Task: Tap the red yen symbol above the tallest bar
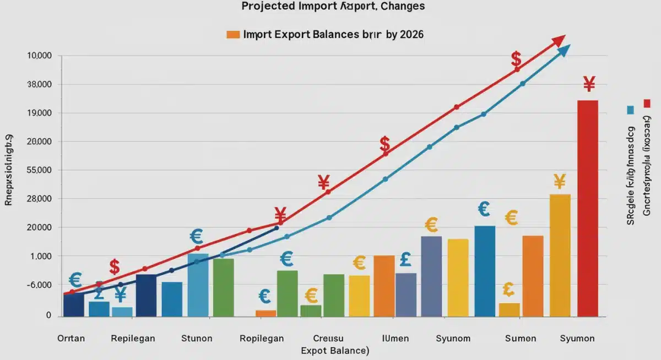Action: coord(589,84)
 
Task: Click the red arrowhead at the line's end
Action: coord(559,40)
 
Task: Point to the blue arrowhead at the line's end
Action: coord(564,51)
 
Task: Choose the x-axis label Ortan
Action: coord(71,339)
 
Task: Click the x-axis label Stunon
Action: coord(197,339)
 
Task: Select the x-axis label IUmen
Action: coord(395,339)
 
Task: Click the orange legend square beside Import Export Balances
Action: coord(233,34)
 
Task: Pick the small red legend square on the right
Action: coord(647,103)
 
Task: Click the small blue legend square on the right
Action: coord(630,110)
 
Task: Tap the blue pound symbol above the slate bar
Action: coord(407,259)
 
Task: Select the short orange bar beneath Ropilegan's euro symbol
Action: coord(266,313)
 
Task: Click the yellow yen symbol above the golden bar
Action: coord(560,181)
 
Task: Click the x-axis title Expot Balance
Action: coord(334,350)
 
